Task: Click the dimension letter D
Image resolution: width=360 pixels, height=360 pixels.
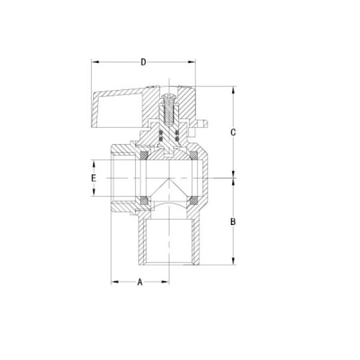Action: (x=143, y=62)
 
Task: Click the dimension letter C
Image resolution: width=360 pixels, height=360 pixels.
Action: (x=235, y=132)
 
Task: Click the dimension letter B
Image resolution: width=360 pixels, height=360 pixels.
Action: (x=235, y=221)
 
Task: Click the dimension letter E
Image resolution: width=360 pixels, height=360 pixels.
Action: (x=93, y=178)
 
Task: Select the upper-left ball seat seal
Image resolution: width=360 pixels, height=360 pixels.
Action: (x=143, y=155)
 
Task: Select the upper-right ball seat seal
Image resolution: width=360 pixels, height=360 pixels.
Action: (x=194, y=155)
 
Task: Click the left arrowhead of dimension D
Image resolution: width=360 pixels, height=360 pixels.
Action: (x=94, y=62)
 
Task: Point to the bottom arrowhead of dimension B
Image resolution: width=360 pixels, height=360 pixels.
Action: (x=235, y=262)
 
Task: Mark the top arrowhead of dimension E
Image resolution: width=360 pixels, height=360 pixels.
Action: (x=93, y=162)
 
